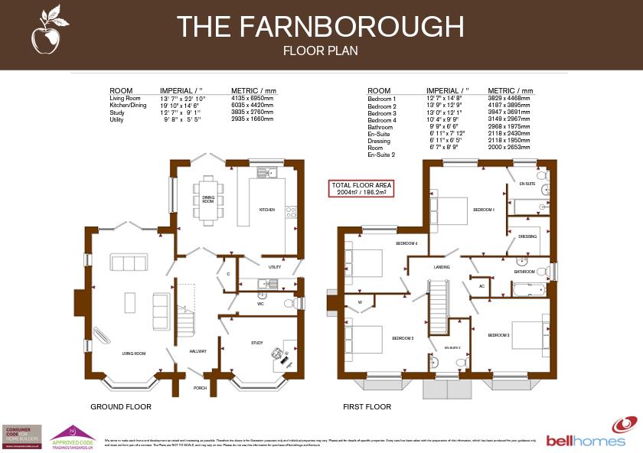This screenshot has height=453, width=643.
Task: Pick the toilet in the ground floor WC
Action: coord(290,304)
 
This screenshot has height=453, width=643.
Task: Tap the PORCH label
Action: coord(201,388)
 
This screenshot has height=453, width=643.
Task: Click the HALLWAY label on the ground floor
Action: coord(198,351)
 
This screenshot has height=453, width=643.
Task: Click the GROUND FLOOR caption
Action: coord(121,407)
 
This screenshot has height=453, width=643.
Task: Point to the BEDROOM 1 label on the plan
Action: coord(484,209)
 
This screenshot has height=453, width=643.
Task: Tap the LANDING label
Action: coord(442,267)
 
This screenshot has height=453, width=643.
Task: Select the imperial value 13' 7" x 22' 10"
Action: coord(184,99)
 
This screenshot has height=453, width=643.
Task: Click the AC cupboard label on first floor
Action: coord(481,286)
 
